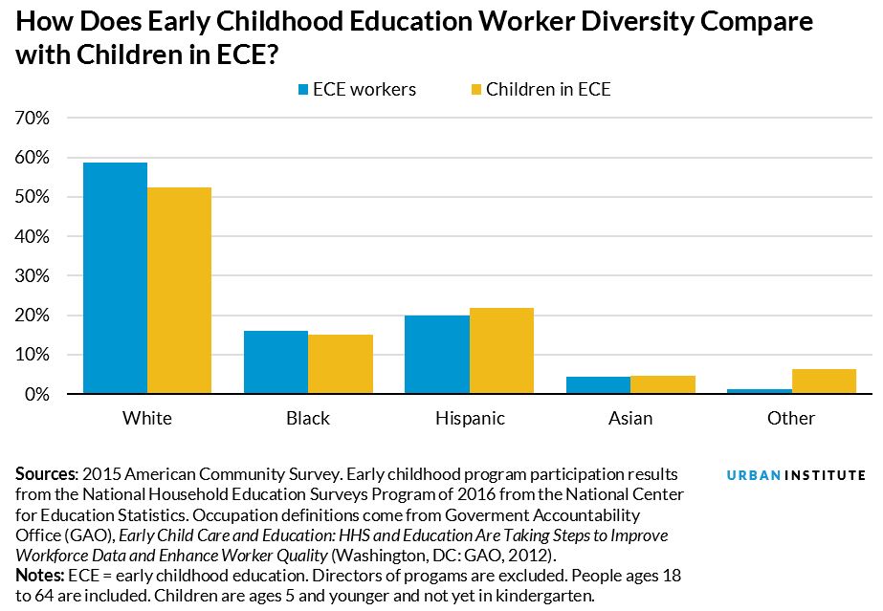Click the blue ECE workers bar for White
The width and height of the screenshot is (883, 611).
point(115,278)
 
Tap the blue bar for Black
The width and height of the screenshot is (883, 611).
point(276,362)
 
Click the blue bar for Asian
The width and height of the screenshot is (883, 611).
point(598,385)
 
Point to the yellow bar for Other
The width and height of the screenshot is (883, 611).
point(824,382)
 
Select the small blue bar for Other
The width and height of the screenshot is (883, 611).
point(760,391)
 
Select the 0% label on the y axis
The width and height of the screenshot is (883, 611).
point(36,395)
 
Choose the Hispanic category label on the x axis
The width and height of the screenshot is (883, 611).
point(469,419)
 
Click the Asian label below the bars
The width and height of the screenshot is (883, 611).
point(630,419)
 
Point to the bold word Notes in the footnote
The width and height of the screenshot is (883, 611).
point(38,577)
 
